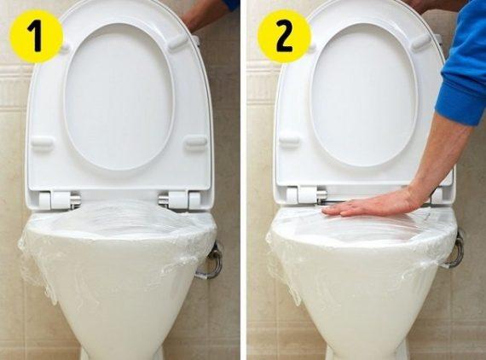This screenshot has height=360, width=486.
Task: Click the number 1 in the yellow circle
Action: coord(36,37)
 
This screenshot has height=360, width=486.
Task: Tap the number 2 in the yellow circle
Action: coord(284,37)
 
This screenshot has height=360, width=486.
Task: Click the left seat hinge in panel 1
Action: coord(59,200)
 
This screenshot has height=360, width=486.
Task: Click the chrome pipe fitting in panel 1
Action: coord(211,261)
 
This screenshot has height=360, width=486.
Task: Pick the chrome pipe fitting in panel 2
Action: coord(454,250)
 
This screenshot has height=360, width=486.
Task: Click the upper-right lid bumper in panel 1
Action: coord(178,41)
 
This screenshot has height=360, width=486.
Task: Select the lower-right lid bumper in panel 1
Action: coord(196,142)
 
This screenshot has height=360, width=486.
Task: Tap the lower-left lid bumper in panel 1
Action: coord(42,143)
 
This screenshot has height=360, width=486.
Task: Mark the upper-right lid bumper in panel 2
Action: coord(421,42)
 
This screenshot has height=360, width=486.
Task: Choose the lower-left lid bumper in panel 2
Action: coord(290,139)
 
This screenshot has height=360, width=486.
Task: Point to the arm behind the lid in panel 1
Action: coord(209,14)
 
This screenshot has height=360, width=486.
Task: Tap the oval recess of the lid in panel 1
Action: coord(119,96)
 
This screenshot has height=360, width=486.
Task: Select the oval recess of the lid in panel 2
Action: coord(364,95)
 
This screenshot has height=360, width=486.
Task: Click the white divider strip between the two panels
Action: coord(243,180)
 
